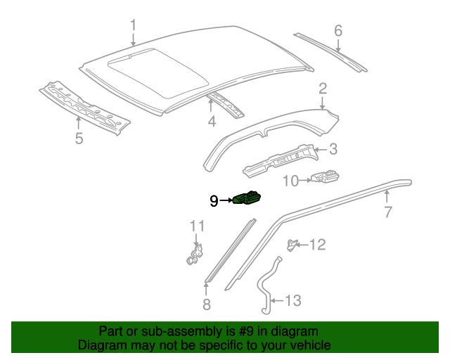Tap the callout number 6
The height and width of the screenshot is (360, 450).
tap(337, 30)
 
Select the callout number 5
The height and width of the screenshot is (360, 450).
tap(79, 139)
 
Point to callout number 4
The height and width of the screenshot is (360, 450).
tap(211, 122)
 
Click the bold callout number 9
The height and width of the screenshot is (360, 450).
tap(214, 201)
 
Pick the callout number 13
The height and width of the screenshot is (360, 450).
tap(292, 301)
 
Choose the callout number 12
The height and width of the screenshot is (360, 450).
tap(318, 245)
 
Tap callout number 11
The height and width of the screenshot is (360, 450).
tap(197, 226)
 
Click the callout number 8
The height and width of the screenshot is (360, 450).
tap(206, 304)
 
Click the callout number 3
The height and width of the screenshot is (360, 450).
tap(333, 149)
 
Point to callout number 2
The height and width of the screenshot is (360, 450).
tap(323, 89)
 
